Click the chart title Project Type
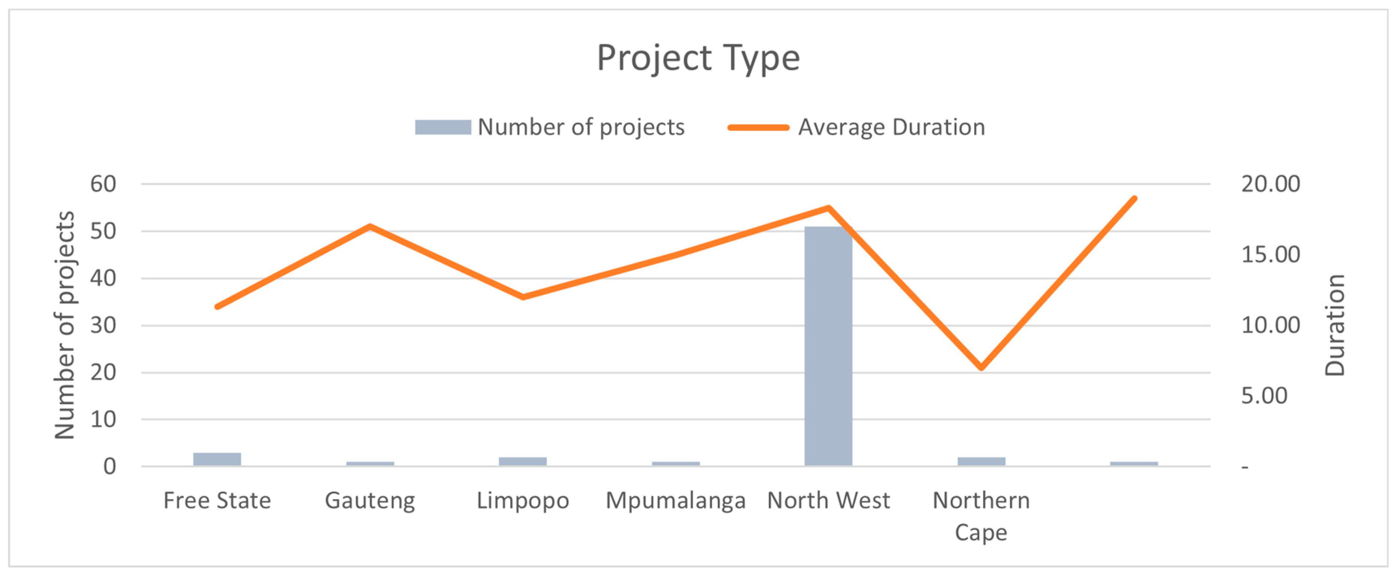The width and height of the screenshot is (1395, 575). click(x=698, y=58)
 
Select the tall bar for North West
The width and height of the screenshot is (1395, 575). click(x=828, y=346)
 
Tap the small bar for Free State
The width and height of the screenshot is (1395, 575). click(x=217, y=459)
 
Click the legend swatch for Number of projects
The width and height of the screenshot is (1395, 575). click(x=443, y=127)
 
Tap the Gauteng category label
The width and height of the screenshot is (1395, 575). click(x=370, y=501)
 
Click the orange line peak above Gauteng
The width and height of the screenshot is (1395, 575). click(x=370, y=226)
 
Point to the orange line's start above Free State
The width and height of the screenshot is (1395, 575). click(x=217, y=307)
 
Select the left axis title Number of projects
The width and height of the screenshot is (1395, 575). click(x=64, y=325)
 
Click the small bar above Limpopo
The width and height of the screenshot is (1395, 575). click(x=523, y=462)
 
